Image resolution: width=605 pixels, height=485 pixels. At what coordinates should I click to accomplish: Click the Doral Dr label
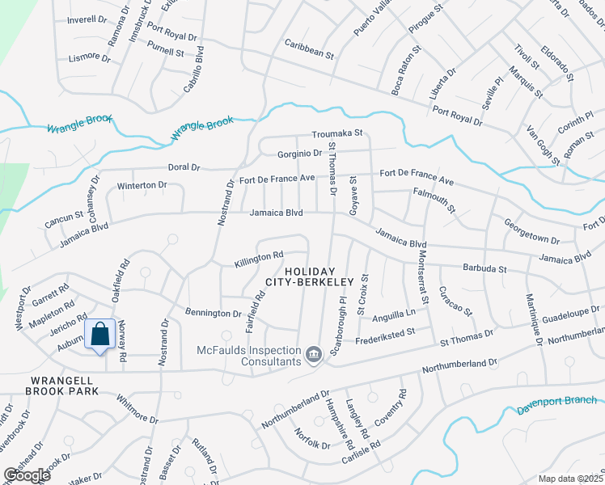click(183, 167)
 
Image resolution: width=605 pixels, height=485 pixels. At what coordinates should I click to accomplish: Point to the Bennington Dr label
click(214, 313)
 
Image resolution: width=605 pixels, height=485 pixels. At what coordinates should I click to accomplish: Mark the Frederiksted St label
click(384, 331)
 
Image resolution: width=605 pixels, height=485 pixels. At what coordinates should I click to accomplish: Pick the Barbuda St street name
click(484, 268)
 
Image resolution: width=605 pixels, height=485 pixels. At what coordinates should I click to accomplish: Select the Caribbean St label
click(308, 48)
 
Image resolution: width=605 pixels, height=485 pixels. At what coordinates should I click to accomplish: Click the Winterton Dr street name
click(142, 185)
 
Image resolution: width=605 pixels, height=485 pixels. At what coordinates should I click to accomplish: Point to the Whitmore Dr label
click(137, 411)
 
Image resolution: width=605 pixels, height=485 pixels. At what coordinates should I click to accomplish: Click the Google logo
click(27, 475)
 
